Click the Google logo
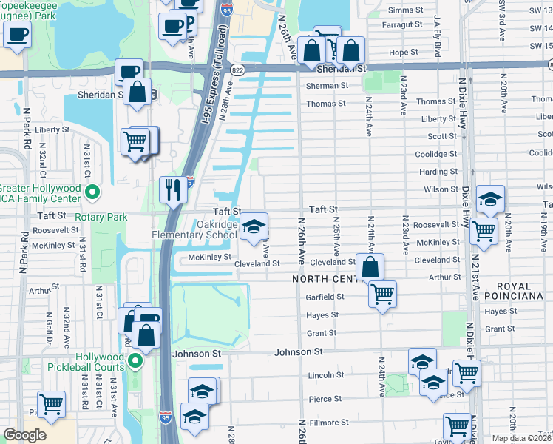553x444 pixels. (24, 435)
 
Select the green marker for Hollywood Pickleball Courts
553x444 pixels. (135, 361)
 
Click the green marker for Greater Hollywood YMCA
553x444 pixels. (92, 194)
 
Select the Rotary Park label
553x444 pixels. (102, 217)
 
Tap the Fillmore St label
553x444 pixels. (328, 423)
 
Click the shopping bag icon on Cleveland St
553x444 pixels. (370, 267)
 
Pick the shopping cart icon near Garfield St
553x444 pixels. (382, 294)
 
